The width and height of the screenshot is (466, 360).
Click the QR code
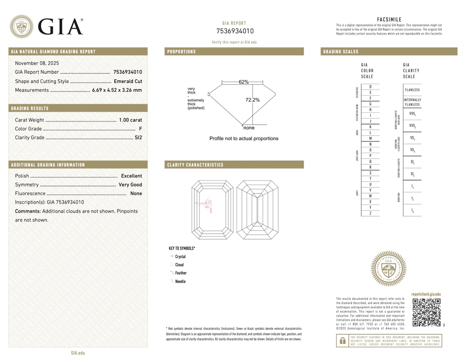tap(426, 312)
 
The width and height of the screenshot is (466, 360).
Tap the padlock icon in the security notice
tap(342, 341)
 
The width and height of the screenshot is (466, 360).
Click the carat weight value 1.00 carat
tap(130, 120)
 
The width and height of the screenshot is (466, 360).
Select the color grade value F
tap(140, 129)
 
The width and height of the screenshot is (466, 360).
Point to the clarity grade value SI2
tap(138, 137)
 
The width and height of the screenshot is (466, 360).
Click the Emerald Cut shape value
tap(128, 81)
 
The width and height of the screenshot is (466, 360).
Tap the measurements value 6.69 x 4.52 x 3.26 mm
tap(117, 90)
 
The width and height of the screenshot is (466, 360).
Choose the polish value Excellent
tap(131, 176)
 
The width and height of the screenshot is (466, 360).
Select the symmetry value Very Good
tap(130, 185)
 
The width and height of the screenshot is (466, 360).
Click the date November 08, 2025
tap(37, 63)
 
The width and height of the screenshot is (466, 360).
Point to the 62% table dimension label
tap(244, 82)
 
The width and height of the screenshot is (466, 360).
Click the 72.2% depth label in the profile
tap(253, 100)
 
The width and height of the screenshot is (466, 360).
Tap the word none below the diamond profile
tap(249, 128)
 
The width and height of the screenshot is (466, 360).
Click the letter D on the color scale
tap(370, 87)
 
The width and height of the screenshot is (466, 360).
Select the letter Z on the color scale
tap(370, 213)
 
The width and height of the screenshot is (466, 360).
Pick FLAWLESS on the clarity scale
tap(412, 90)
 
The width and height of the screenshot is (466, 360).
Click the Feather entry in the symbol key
tap(181, 273)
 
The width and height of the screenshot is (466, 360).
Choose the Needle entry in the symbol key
tap(180, 282)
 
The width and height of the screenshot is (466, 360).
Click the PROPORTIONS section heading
tap(181, 52)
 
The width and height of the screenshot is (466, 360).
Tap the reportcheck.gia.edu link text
tap(426, 294)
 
